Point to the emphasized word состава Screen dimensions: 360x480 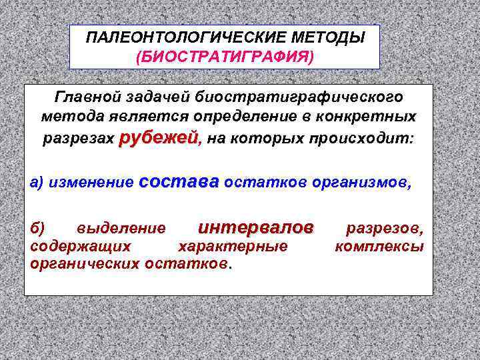180,182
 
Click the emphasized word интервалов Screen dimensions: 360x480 256,228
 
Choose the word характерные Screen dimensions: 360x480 233,247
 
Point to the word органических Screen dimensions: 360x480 85,263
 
